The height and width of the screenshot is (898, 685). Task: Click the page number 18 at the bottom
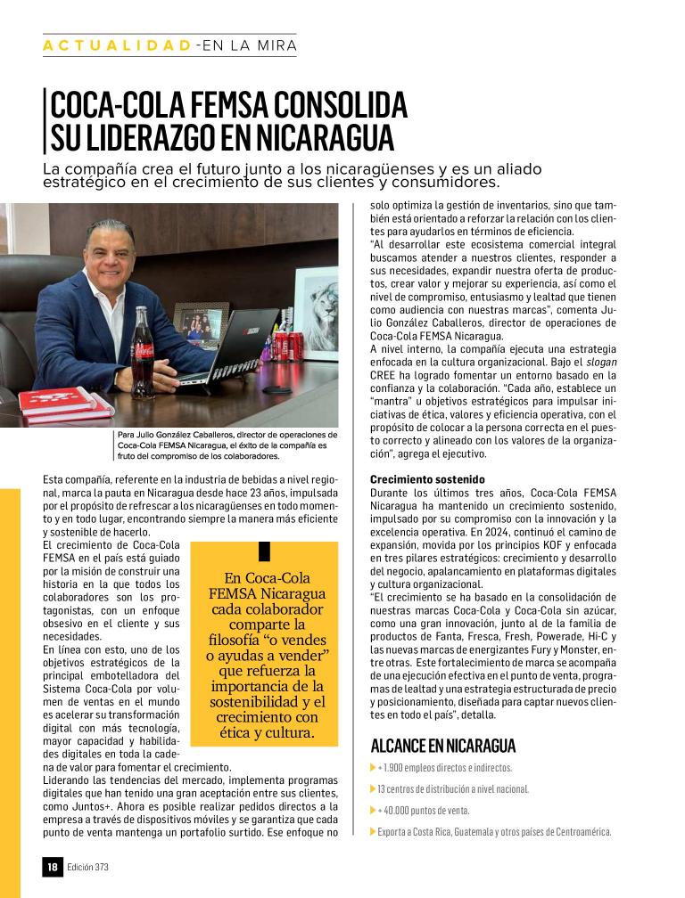pyautogui.click(x=53, y=866)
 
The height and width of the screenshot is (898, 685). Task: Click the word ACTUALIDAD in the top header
pyautogui.click(x=116, y=45)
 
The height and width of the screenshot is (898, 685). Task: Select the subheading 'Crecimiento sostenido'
pyautogui.click(x=427, y=479)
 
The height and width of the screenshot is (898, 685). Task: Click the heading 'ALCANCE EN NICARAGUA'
pyautogui.click(x=442, y=747)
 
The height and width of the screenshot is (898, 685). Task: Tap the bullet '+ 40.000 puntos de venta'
pyautogui.click(x=424, y=811)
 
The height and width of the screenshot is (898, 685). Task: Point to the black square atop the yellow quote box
pyautogui.click(x=264, y=550)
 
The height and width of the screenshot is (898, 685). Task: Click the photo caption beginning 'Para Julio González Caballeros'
pyautogui.click(x=222, y=445)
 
